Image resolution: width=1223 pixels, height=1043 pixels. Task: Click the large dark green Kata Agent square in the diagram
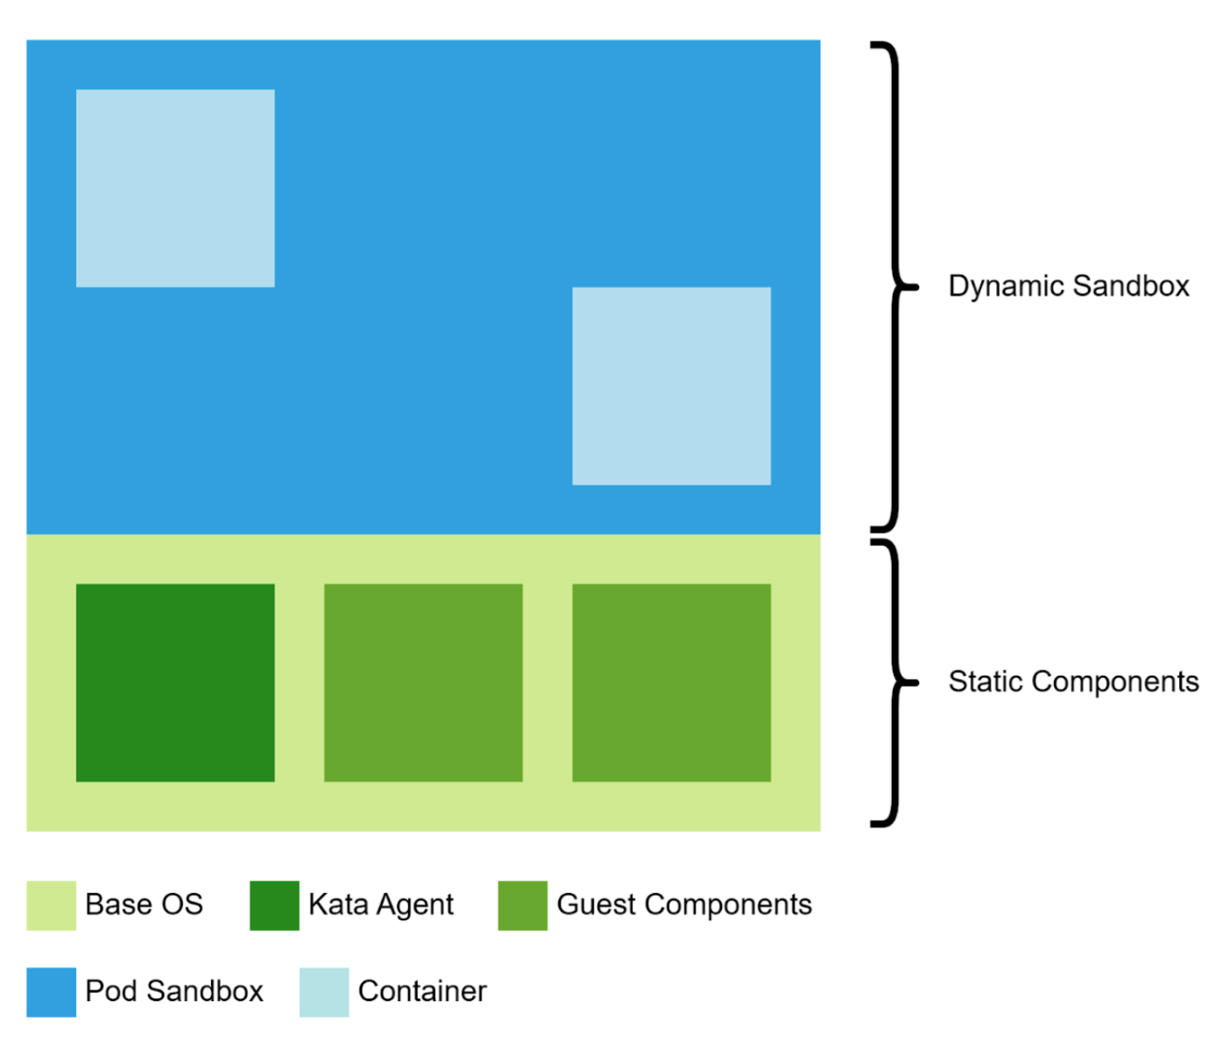[175, 682]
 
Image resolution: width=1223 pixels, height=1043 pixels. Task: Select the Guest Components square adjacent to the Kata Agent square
[423, 682]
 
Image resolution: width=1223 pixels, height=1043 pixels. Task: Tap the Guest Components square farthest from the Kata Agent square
[671, 682]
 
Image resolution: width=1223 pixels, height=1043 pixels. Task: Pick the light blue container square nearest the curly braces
[671, 386]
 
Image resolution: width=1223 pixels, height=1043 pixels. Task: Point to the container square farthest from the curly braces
[175, 188]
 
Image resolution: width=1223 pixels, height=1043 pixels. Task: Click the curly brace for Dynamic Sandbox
[894, 287]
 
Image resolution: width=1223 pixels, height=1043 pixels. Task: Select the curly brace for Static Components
[894, 683]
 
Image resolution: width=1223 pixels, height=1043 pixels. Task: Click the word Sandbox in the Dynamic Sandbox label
[1131, 287]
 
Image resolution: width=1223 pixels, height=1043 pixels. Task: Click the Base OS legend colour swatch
[51, 905]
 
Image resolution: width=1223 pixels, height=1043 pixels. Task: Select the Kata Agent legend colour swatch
[274, 905]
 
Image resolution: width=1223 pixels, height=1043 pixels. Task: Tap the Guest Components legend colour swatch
[522, 905]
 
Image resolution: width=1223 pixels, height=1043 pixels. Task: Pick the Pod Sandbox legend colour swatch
[51, 992]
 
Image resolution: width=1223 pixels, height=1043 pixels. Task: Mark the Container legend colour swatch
[324, 992]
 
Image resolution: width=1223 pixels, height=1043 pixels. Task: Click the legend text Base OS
[144, 905]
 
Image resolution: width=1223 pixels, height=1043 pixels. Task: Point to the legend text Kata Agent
[381, 905]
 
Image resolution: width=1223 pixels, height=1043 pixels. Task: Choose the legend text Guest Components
[684, 905]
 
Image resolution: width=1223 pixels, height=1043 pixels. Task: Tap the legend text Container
[422, 991]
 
